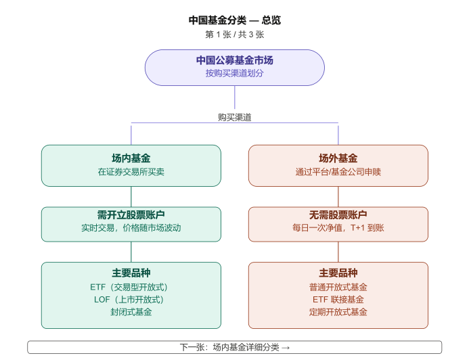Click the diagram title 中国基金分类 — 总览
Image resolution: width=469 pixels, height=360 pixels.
tap(234, 20)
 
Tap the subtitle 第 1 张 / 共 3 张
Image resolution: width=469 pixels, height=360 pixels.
tap(234, 35)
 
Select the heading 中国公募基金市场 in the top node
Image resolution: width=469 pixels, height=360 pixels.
tap(234, 60)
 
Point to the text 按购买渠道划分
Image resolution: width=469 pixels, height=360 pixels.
tap(234, 73)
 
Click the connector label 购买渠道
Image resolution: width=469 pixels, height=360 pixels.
tap(234, 117)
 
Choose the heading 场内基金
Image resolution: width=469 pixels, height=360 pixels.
tap(131, 158)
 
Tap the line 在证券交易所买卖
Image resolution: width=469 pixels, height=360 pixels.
tap(131, 172)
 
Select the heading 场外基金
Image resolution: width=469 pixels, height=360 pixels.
tap(338, 158)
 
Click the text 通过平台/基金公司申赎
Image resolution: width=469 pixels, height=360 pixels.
tap(338, 172)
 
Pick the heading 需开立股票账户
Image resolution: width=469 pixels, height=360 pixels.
tap(131, 215)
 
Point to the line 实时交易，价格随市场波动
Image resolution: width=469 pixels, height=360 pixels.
tap(131, 228)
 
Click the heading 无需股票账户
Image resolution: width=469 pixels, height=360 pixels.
tap(338, 215)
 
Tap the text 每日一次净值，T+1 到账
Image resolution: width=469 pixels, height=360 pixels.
tap(338, 228)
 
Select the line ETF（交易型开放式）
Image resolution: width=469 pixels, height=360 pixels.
tap(131, 287)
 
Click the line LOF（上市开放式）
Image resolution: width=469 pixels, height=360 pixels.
tap(131, 299)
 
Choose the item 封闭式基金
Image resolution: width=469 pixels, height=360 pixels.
tap(131, 312)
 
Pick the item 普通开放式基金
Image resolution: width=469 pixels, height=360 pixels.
tap(338, 287)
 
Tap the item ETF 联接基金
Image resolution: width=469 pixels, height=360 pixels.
tap(338, 299)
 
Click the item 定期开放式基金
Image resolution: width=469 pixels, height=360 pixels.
tap(338, 312)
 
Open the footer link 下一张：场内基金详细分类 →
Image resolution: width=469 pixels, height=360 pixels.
tap(234, 347)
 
